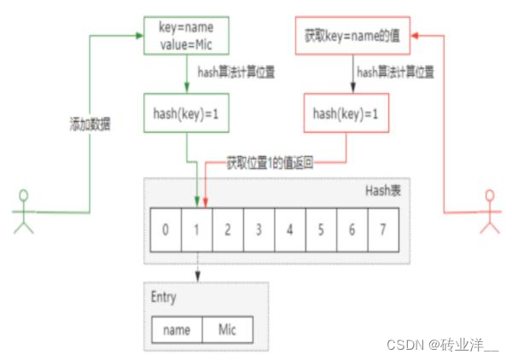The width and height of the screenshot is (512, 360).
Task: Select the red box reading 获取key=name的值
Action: coord(352,37)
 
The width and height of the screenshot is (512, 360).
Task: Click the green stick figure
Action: coord(22,212)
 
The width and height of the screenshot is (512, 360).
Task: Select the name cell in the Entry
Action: coord(177,329)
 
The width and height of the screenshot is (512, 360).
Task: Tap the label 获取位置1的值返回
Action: coord(270,161)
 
